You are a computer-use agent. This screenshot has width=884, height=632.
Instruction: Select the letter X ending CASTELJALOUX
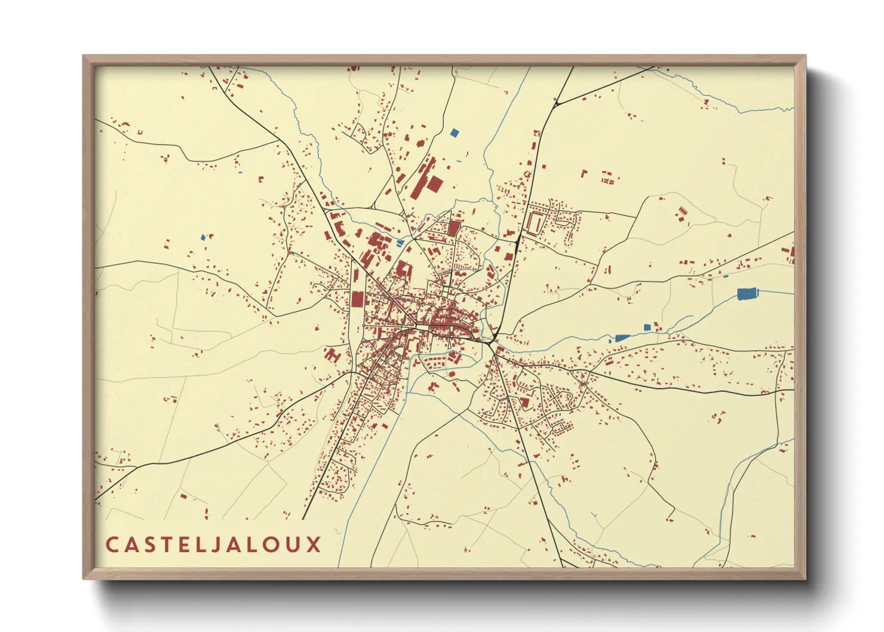coord(315,545)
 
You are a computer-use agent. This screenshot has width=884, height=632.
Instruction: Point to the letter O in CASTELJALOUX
coord(275,545)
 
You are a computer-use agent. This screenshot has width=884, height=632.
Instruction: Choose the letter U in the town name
coord(295,545)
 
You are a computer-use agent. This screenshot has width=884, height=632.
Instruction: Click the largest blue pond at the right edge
coord(747,293)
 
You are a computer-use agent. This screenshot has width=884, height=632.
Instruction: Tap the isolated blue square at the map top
coord(455,133)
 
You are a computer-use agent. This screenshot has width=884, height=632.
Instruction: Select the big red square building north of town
coord(434,184)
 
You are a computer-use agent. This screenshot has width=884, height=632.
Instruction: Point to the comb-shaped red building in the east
coord(683,211)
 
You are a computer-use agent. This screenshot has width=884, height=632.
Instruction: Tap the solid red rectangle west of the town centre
coord(357,299)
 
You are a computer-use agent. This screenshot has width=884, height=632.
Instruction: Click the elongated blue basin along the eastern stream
coord(622,338)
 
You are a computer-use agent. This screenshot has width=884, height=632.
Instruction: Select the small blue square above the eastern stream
coord(647,327)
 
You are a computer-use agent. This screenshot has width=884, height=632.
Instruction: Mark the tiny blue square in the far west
coord(203,237)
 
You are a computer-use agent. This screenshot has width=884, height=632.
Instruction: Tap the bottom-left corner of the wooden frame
coord(84,578)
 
